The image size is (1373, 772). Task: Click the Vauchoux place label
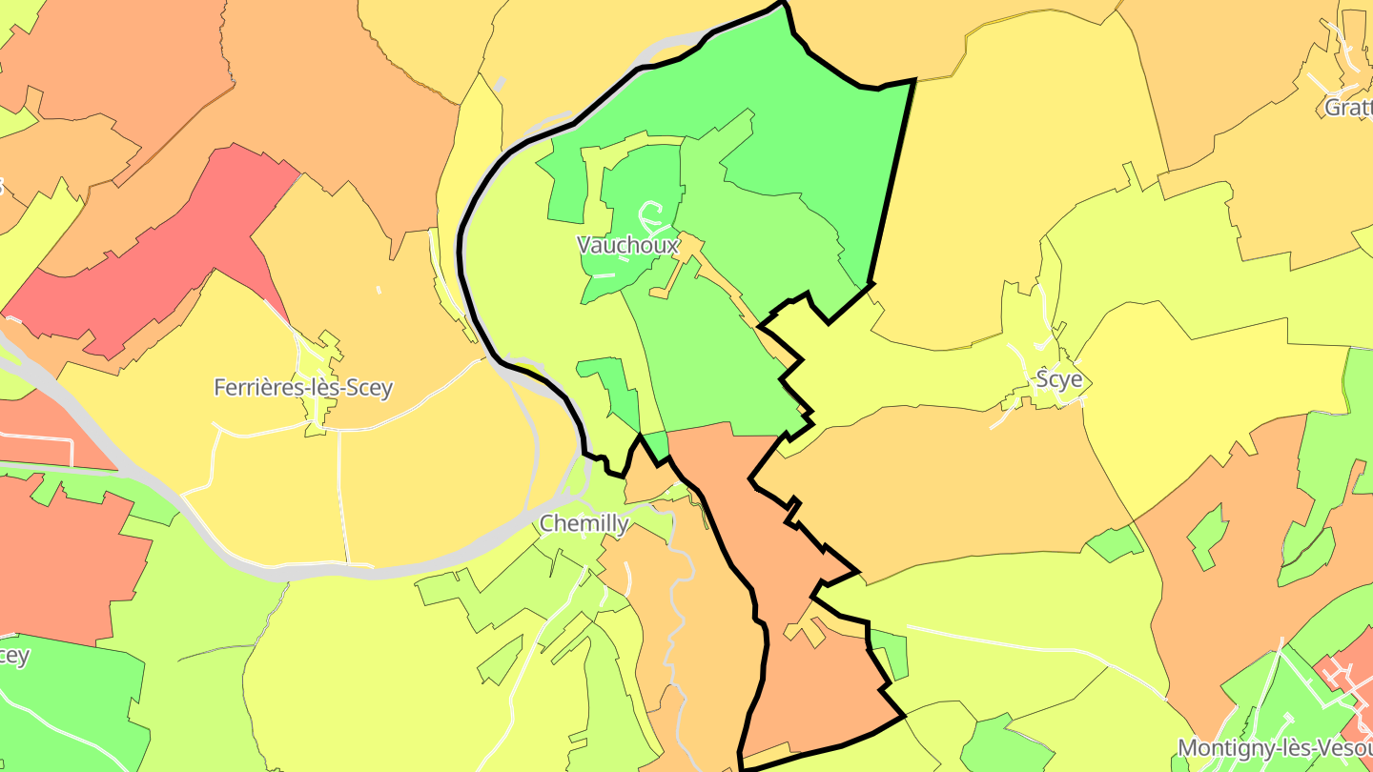coord(627,245)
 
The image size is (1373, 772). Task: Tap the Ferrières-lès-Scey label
coord(303,388)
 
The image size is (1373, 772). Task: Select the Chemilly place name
coord(584,523)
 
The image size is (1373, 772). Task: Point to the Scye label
coord(1059,379)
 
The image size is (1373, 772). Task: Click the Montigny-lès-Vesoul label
coord(1274,747)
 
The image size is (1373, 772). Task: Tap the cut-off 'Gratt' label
coord(1347,107)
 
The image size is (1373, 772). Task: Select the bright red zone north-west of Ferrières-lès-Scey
coord(153,257)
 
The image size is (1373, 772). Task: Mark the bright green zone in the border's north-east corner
coord(810,124)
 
